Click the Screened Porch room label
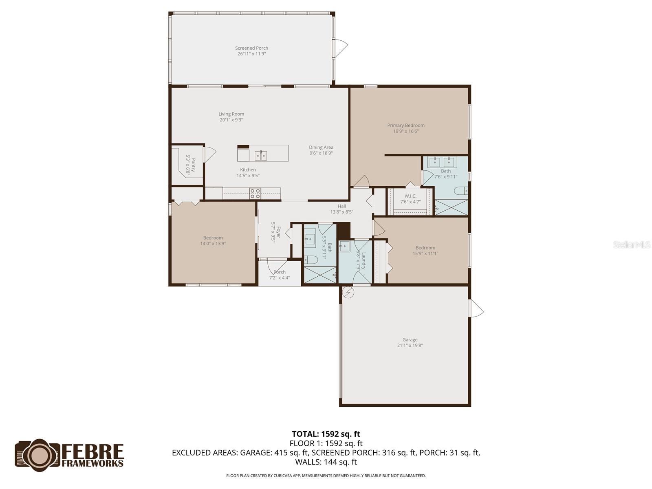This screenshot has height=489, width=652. tap(251, 48)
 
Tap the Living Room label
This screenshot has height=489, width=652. tap(231, 114)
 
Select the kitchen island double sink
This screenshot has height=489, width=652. tap(261, 155)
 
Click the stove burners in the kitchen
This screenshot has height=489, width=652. tap(255, 193)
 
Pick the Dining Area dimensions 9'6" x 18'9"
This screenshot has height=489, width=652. tap(321, 153)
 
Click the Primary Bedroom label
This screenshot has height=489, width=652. tap(406, 126)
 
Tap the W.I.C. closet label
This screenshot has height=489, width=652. tap(410, 196)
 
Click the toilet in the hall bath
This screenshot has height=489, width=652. tap(310, 260)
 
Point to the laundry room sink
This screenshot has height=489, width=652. tap(345, 246)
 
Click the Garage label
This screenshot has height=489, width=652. tap(410, 339)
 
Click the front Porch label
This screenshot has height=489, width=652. tap(280, 272)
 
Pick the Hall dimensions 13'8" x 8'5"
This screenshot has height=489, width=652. tap(341, 212)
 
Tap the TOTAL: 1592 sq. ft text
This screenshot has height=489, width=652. tap(326, 434)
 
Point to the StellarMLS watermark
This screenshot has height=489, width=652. tap(631, 245)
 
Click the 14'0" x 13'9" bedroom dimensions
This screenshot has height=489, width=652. tap(213, 244)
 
